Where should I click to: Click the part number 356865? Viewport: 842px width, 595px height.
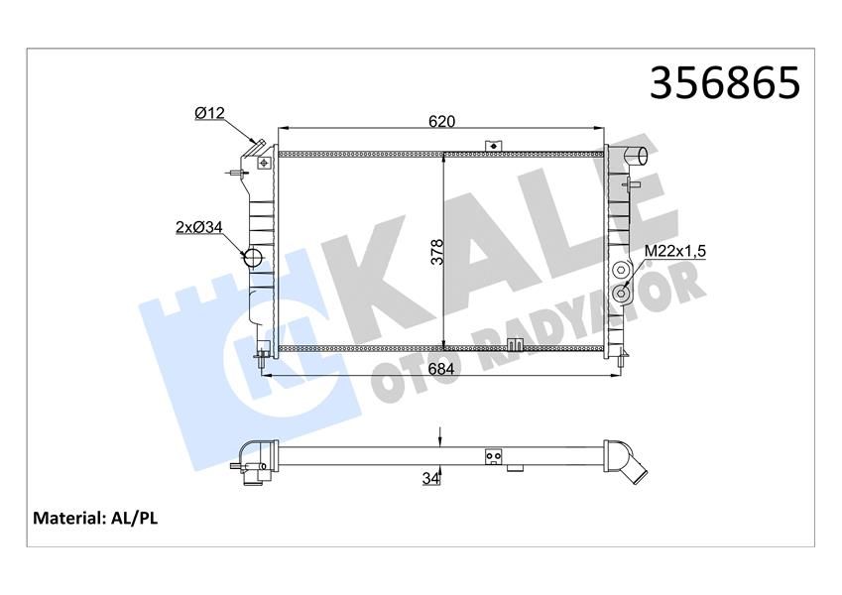point(724,83)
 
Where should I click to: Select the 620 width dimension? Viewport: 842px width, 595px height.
point(441,121)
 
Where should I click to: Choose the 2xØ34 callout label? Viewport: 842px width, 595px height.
point(198,227)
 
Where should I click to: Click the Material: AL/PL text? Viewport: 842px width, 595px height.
point(96,518)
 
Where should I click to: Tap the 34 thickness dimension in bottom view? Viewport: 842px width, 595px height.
point(430,480)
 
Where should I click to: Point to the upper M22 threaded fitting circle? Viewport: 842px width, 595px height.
point(622,271)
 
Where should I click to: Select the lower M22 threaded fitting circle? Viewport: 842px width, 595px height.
point(622,292)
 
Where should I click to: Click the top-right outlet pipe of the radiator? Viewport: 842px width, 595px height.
point(638,156)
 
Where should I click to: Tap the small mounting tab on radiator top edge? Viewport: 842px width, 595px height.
point(491,146)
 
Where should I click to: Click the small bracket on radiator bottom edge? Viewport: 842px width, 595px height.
point(515,345)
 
